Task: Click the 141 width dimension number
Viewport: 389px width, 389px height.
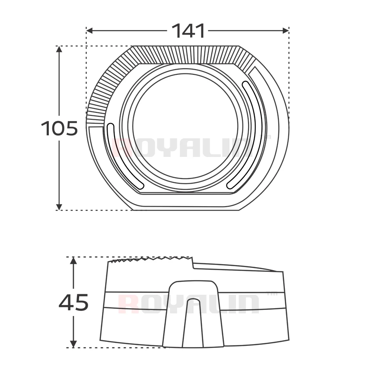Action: pos(188,31)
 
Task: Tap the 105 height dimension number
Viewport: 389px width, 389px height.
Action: pos(60,128)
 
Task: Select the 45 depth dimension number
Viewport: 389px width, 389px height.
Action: pos(73,303)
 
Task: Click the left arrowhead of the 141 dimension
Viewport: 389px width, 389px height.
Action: pos(89,31)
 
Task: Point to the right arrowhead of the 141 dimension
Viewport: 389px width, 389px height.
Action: pos(286,31)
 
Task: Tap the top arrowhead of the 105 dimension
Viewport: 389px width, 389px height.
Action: pos(59,49)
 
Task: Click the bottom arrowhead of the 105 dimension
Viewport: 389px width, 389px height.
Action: pos(59,207)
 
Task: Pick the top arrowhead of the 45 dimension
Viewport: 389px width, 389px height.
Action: pos(73,261)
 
